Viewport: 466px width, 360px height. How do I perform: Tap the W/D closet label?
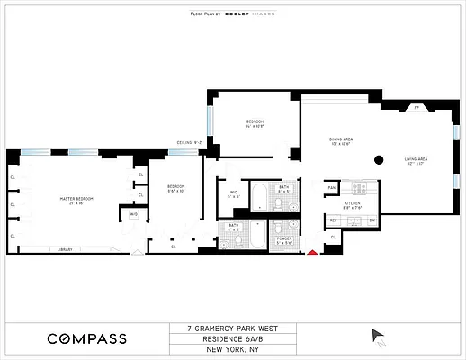[x=134, y=215]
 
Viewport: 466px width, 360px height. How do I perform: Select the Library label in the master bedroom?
[x=64, y=249]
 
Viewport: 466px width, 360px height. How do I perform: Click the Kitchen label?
[x=352, y=205]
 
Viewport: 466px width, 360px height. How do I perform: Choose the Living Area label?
[x=416, y=161]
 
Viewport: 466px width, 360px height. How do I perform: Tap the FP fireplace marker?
[x=416, y=107]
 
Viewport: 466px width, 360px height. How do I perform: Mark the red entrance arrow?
[x=312, y=253]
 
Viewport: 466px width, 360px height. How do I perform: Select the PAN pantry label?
[x=332, y=187]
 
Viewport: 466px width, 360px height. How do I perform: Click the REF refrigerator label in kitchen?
[x=332, y=220]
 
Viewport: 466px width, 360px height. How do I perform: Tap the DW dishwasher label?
[x=372, y=220]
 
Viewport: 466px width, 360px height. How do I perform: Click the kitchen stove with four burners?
[x=361, y=188]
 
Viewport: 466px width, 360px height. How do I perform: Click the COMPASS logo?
[x=86, y=338]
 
